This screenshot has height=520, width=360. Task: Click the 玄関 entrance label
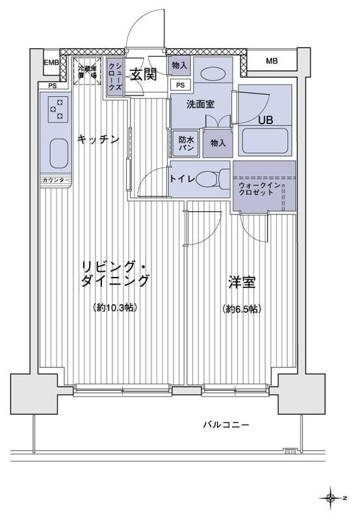tap(142, 74)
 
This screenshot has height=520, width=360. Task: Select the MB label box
tap(272, 62)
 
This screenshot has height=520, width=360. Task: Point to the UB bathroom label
tap(266, 120)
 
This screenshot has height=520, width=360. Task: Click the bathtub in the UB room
tap(264, 141)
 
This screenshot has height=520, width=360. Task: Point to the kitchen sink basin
tap(58, 154)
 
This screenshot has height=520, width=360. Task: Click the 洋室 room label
tap(241, 283)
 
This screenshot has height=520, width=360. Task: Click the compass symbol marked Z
tap(332, 499)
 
